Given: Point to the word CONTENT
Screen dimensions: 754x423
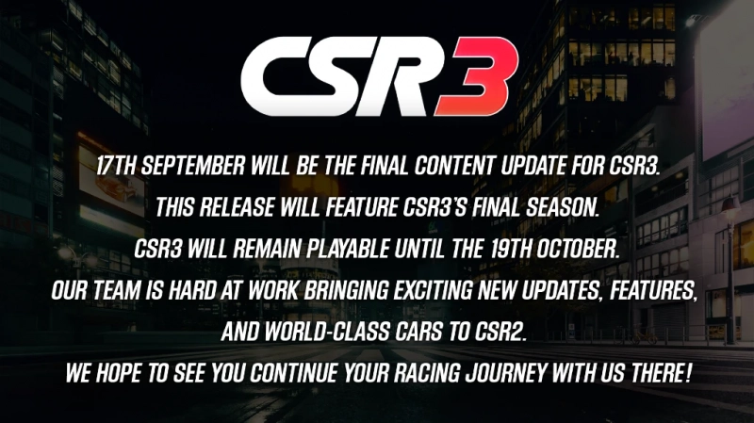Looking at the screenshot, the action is tap(454, 166).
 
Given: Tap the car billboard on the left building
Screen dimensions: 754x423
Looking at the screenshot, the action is tap(111, 185).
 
